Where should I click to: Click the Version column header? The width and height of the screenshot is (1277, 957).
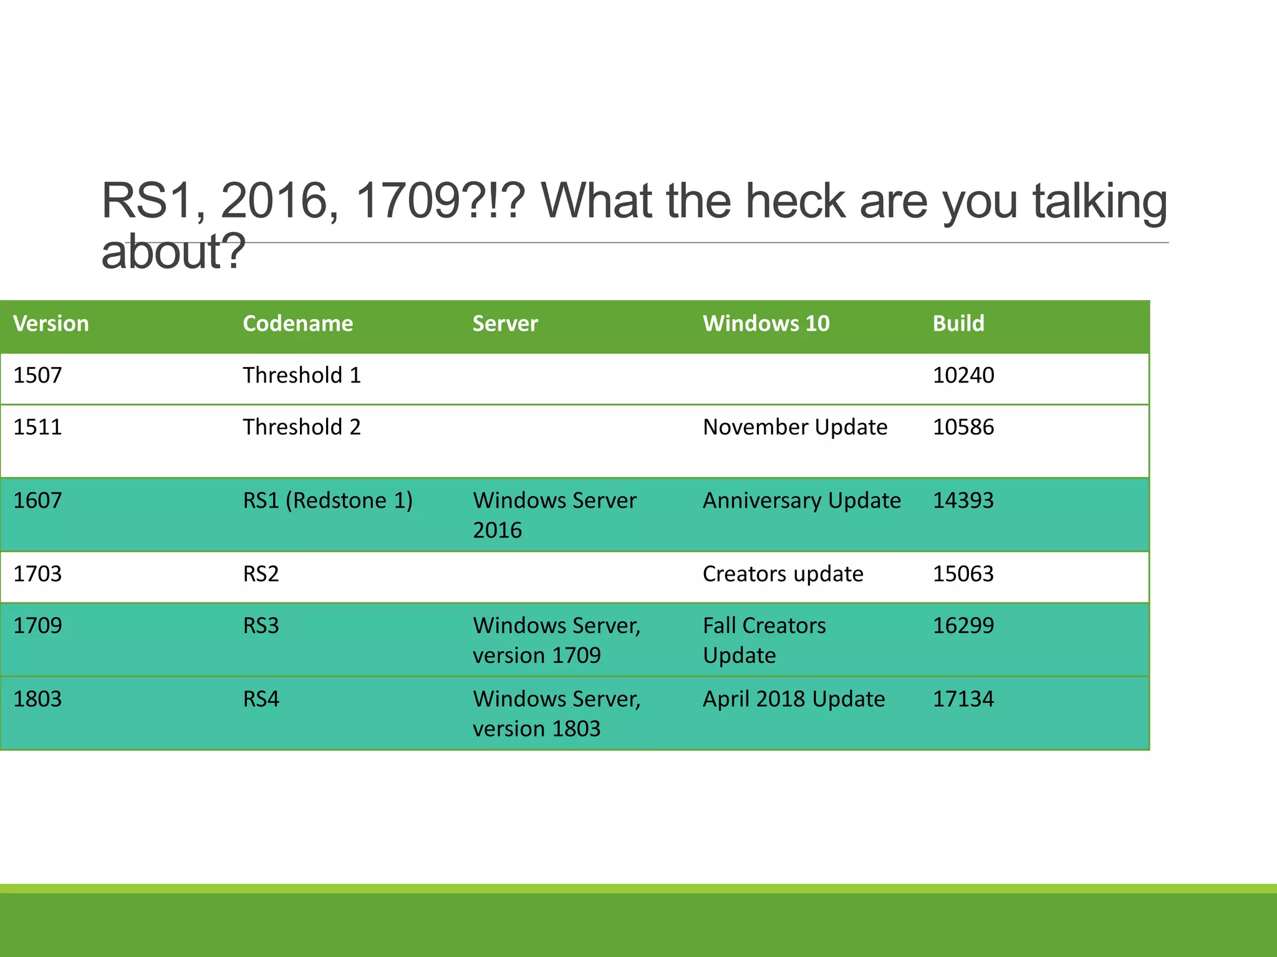[x=51, y=323]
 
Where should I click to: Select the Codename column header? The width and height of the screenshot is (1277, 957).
[x=297, y=323]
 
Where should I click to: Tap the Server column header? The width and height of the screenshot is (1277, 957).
[x=505, y=323]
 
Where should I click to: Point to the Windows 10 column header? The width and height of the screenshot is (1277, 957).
[x=766, y=323]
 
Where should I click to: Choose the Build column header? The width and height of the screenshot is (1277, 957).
[x=958, y=323]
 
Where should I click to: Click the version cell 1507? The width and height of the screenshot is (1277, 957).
[x=37, y=375]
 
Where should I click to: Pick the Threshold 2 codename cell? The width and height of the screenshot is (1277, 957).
[x=302, y=427]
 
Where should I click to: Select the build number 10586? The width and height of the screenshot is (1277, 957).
[x=963, y=427]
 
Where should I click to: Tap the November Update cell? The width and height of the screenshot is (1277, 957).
[x=795, y=427]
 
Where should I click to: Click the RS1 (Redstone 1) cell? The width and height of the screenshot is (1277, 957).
[x=328, y=501]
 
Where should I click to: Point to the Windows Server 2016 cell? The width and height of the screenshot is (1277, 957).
[x=554, y=515]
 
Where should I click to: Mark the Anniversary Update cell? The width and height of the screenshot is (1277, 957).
[x=802, y=501]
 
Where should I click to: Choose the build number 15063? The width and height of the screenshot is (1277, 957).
[x=963, y=574]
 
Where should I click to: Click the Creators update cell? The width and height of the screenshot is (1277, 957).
[x=783, y=574]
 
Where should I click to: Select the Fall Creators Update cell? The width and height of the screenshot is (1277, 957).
[x=764, y=640]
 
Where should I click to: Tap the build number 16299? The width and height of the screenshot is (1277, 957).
[x=963, y=626]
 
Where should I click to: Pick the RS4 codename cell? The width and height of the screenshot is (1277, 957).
[x=261, y=699]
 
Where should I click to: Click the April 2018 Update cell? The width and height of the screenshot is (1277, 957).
[x=794, y=699]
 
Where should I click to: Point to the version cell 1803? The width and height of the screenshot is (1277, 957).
[x=37, y=699]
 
